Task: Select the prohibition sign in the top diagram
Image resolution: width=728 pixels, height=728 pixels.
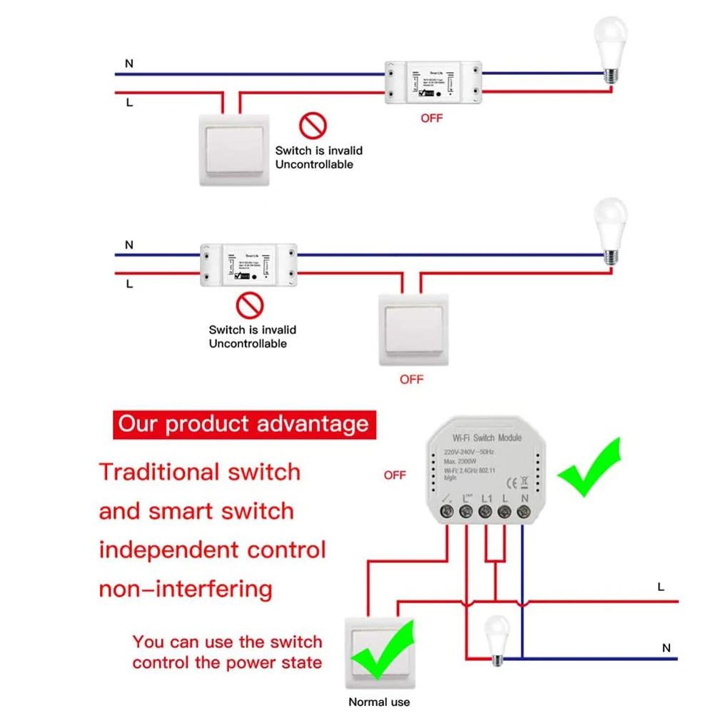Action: [313, 126]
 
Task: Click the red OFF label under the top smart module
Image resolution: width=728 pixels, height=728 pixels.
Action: [431, 118]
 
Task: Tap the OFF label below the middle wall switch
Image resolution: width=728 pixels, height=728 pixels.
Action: [411, 379]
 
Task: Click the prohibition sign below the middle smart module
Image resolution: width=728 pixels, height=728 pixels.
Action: [250, 306]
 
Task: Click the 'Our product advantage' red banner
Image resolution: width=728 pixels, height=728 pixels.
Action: [243, 424]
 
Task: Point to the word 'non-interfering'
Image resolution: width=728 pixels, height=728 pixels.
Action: [186, 590]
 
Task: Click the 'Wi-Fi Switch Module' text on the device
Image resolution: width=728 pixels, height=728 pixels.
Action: [487, 438]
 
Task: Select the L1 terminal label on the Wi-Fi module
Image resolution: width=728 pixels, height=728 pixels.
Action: [487, 498]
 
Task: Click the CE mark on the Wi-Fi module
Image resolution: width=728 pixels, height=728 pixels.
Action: [512, 480]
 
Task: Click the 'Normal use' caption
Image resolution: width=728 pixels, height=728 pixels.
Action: [379, 702]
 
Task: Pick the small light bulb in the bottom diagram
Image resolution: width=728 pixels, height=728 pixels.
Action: [495, 639]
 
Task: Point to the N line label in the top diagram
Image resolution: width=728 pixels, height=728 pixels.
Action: [129, 64]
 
